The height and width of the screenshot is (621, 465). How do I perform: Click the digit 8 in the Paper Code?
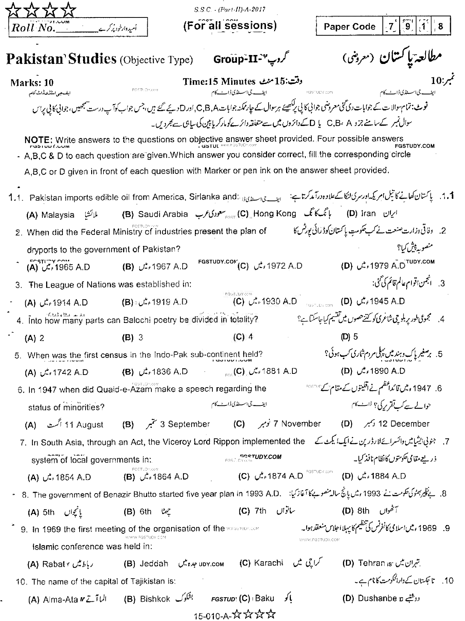tap(440, 26)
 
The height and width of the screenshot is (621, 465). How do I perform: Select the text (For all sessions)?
tap(230, 26)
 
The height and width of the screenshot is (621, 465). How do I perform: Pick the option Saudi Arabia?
tap(163, 214)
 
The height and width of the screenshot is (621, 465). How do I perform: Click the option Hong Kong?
tap(275, 214)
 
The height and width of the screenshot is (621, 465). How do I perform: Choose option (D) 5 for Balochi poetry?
tap(350, 337)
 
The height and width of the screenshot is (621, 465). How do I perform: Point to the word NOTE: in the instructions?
tap(39, 140)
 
